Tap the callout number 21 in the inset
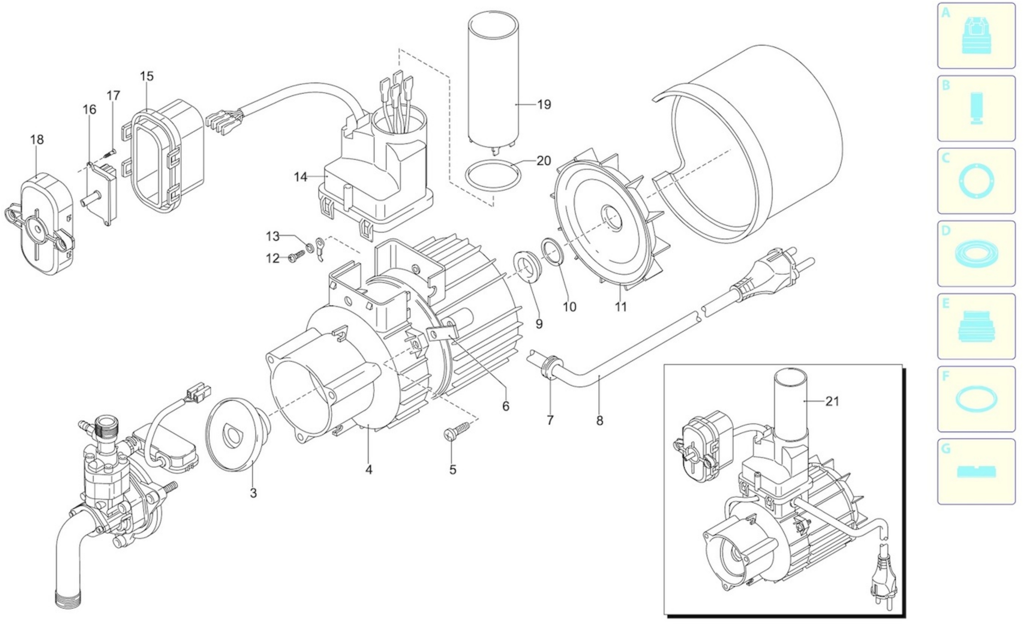(x=832, y=401)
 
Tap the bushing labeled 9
(x=528, y=266)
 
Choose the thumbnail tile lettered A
(x=976, y=36)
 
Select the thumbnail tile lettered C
(x=976, y=181)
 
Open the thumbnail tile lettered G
(x=976, y=471)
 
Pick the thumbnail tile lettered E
(x=976, y=326)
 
